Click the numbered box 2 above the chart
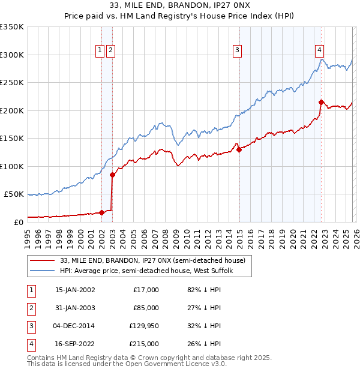pos(111,50)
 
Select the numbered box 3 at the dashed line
pos(238,50)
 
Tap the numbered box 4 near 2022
pos(320,50)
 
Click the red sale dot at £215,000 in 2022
pos(322,102)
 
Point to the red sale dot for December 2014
pos(239,150)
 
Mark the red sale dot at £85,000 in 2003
pos(113,175)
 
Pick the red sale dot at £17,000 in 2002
pos(101,212)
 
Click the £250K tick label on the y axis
pos(12,83)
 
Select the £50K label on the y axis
pos(14,194)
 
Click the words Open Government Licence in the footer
pos(165,364)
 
